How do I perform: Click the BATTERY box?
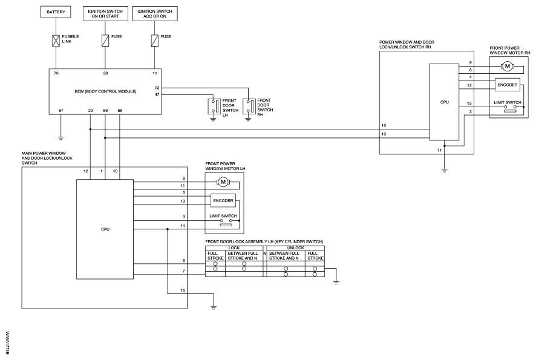pyautogui.click(x=56, y=12)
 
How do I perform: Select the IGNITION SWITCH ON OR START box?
pyautogui.click(x=105, y=14)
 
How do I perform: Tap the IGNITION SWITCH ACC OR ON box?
pyautogui.click(x=155, y=14)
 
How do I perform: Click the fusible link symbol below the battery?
pyautogui.click(x=56, y=41)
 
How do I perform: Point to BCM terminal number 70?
pyautogui.click(x=56, y=73)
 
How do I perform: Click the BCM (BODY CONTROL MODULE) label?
pyautogui.click(x=105, y=91)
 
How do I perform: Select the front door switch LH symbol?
pyautogui.click(x=213, y=106)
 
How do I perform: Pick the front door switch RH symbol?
pyautogui.click(x=248, y=106)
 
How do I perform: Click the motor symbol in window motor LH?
pyautogui.click(x=223, y=182)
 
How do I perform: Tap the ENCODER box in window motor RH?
pyautogui.click(x=508, y=85)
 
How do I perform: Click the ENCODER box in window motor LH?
pyautogui.click(x=223, y=201)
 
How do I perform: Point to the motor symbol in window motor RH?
pyautogui.click(x=508, y=67)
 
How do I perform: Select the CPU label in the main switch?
pyautogui.click(x=105, y=229)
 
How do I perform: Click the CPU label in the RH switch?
pyautogui.click(x=445, y=102)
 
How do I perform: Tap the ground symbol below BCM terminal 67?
pyautogui.click(x=60, y=139)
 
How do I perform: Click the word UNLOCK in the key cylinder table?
pyautogui.click(x=295, y=248)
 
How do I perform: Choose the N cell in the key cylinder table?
pyautogui.click(x=264, y=254)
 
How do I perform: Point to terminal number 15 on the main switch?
pyautogui.click(x=183, y=290)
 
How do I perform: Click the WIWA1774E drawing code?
pyautogui.click(x=7, y=343)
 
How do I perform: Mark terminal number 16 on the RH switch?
pyautogui.click(x=384, y=126)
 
